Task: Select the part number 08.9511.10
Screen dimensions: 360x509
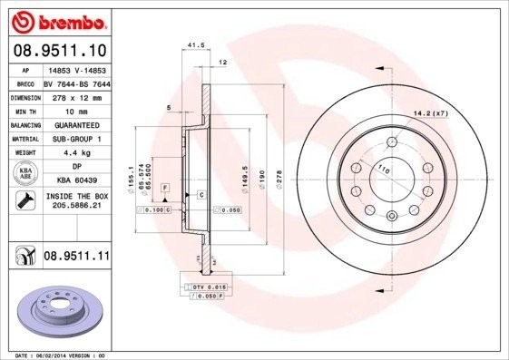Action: pyautogui.click(x=59, y=49)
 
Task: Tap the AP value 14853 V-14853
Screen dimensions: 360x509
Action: pyautogui.click(x=75, y=70)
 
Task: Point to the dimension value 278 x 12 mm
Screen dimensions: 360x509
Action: pyautogui.click(x=75, y=95)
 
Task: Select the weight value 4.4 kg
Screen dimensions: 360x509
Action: pyautogui.click(x=75, y=152)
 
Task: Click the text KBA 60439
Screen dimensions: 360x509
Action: pyautogui.click(x=75, y=180)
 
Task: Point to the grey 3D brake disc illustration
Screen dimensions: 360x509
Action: pyautogui.click(x=58, y=311)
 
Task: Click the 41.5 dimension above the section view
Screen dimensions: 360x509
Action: pyautogui.click(x=193, y=44)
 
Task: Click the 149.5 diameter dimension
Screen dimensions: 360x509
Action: pyautogui.click(x=243, y=173)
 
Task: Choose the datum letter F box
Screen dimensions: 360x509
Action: pyautogui.click(x=165, y=188)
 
